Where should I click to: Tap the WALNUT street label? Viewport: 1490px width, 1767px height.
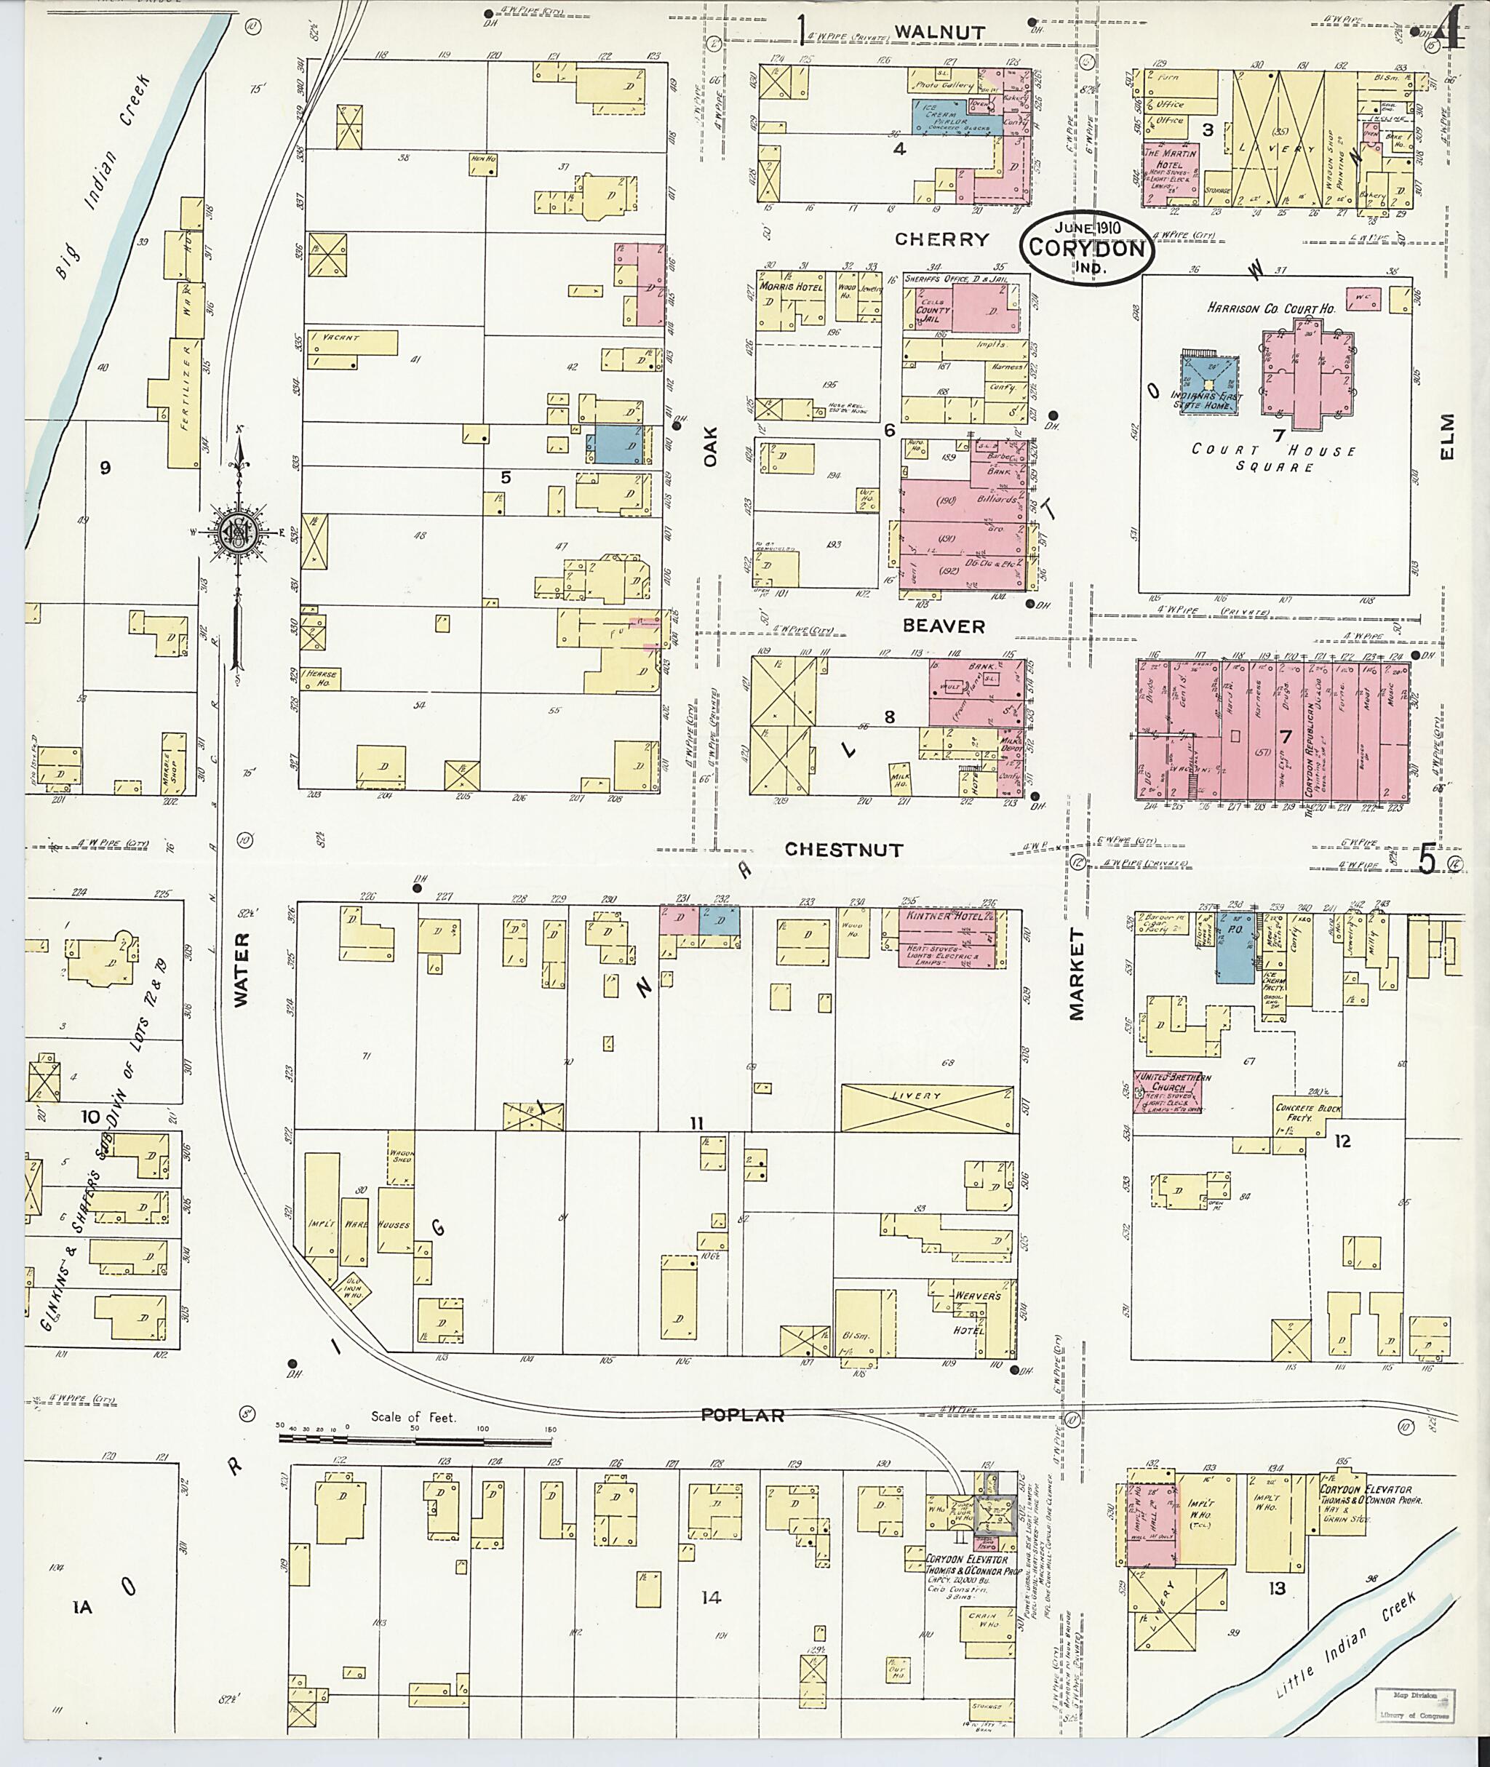[x=939, y=32]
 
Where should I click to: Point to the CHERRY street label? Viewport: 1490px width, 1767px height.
[x=941, y=239]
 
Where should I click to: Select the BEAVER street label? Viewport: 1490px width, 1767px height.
[x=944, y=626]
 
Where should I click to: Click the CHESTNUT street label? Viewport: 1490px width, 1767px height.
[x=844, y=850]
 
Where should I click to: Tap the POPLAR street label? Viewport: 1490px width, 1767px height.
[x=744, y=1415]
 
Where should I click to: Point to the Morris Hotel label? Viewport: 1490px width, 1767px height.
[x=791, y=287]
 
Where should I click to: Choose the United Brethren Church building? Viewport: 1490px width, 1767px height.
[x=1166, y=1090]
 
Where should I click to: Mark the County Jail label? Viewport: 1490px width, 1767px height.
[x=932, y=315]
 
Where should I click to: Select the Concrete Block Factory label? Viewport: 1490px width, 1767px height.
[x=1307, y=1113]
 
